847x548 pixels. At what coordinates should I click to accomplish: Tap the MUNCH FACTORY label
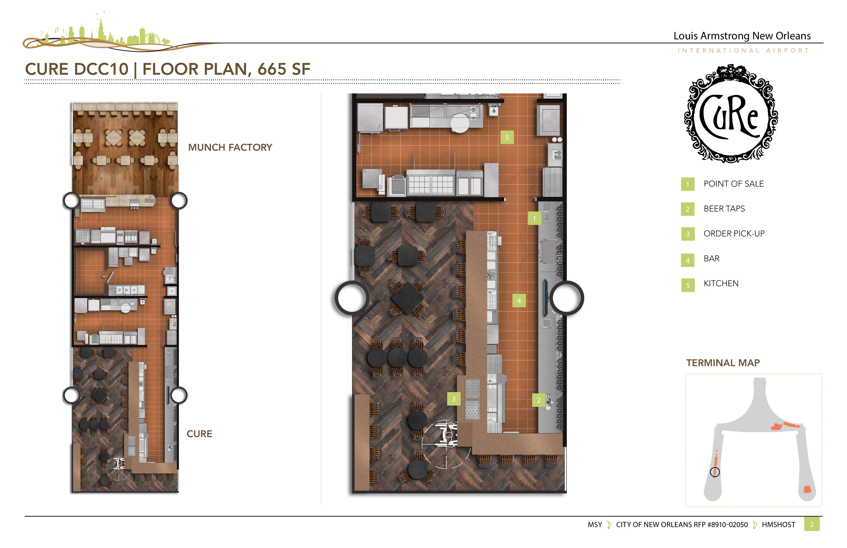[230, 147]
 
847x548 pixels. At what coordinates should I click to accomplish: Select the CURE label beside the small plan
[199, 434]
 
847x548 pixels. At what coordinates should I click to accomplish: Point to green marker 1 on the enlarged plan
[534, 218]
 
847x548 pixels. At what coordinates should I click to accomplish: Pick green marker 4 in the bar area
[519, 301]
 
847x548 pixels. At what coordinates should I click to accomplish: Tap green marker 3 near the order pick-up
[454, 399]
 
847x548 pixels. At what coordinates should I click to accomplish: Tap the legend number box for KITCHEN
[688, 285]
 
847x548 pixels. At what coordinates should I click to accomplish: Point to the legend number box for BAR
[688, 260]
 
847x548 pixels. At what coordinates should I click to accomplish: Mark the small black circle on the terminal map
[715, 472]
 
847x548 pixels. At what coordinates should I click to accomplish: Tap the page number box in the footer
[812, 524]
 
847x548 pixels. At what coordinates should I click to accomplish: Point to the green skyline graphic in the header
[103, 34]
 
